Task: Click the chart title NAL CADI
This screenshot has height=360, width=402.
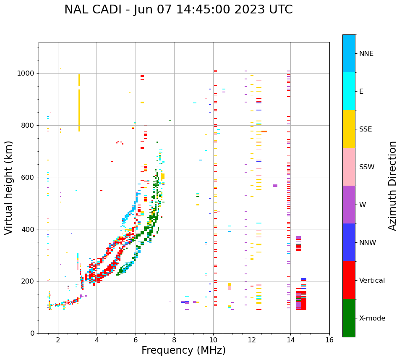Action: pos(178,10)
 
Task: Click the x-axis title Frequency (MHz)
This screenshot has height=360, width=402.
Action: pos(183,350)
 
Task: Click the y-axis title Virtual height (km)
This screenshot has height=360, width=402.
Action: pos(9,188)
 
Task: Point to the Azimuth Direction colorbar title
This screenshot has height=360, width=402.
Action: pos(392,186)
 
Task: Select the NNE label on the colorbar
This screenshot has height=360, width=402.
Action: pos(366,54)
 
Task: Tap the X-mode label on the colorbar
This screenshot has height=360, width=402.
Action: pos(372,318)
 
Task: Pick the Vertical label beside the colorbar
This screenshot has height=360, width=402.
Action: pos(372,281)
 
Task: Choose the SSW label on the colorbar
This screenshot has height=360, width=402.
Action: pos(367,167)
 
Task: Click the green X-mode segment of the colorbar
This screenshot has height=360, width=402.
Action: pos(349,318)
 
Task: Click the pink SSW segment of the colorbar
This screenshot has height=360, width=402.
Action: pos(349,167)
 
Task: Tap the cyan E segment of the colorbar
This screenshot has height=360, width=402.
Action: pos(349,91)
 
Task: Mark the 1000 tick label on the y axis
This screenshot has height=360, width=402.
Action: pos(26,74)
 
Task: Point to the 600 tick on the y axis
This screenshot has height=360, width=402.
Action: pos(28,177)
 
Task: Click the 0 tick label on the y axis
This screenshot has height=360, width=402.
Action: pos(32,333)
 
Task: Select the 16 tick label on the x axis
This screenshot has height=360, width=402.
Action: pos(329,340)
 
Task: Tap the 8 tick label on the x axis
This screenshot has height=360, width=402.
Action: pos(174,340)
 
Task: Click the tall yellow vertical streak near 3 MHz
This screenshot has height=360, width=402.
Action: pos(79,103)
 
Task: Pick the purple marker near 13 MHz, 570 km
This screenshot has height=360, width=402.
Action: pos(275,185)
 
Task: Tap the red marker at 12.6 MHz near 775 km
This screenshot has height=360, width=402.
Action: pos(264,131)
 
